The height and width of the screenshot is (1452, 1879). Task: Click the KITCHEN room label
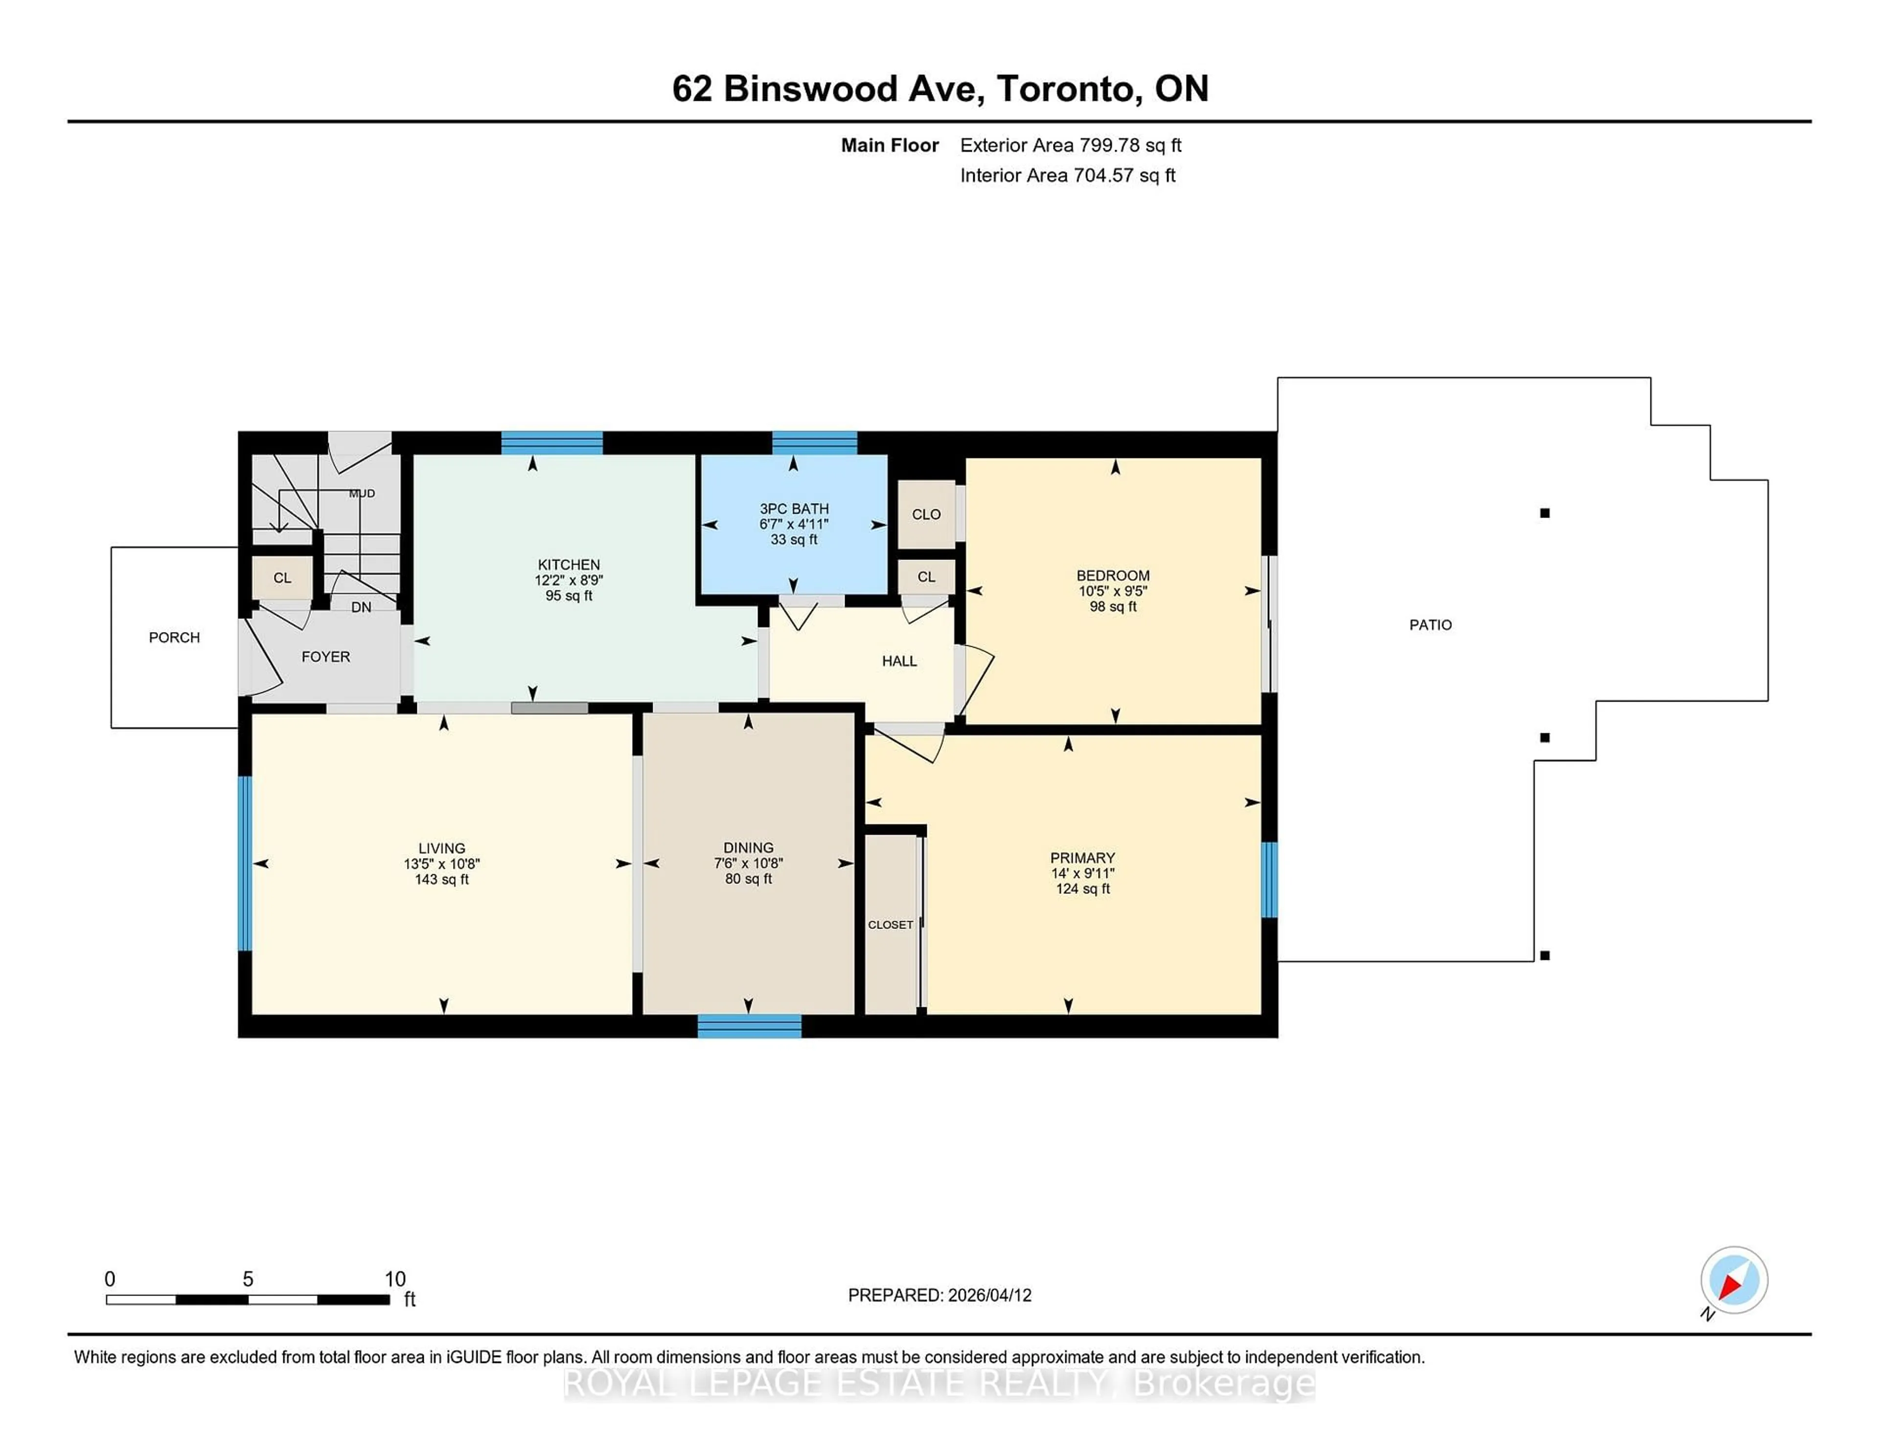[569, 564]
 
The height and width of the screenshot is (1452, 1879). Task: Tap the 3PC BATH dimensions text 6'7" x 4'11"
[793, 524]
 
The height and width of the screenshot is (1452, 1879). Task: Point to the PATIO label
[1430, 625]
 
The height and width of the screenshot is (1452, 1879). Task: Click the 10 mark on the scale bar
[395, 1279]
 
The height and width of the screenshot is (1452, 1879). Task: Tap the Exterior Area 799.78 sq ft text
[1070, 145]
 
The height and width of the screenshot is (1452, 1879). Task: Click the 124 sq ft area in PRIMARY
[1082, 888]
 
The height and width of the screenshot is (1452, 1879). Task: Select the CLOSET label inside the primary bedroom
[891, 925]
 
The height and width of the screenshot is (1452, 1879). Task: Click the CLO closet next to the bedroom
[926, 514]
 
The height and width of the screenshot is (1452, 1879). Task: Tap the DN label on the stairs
[361, 607]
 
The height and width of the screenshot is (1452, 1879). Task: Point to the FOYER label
[325, 657]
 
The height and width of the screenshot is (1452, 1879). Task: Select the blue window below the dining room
[749, 1025]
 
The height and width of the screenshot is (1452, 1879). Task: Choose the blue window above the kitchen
[551, 442]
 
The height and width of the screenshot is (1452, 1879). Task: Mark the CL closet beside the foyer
[282, 578]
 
